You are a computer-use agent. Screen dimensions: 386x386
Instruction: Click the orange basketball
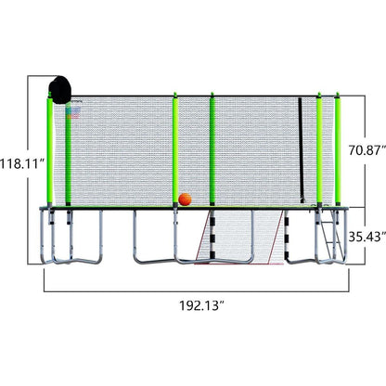(185, 199)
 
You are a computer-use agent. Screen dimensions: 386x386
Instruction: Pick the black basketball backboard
(61, 90)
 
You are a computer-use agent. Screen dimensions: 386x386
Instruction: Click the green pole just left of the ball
(174, 148)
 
